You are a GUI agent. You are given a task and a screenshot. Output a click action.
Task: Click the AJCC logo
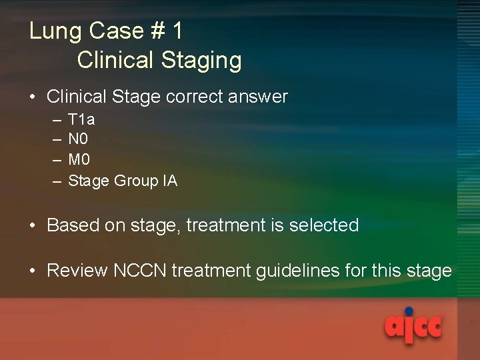point(413,325)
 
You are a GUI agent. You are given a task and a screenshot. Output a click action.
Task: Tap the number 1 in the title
point(177,31)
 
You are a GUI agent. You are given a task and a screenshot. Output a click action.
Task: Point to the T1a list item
point(81,120)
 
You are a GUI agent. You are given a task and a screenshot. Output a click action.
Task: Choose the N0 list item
point(78,140)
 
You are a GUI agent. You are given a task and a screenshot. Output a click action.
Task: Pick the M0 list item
point(79,160)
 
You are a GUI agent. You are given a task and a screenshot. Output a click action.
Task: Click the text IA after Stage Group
point(169,181)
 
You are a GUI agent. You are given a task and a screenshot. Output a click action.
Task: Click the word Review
point(77,271)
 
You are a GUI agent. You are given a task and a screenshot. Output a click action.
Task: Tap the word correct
point(194,97)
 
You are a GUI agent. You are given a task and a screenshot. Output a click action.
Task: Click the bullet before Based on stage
point(33,225)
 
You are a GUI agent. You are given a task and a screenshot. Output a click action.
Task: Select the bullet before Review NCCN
point(33,271)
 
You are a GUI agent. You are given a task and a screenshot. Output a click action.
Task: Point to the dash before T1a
point(54,121)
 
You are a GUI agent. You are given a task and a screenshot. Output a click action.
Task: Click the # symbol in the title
point(157,31)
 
